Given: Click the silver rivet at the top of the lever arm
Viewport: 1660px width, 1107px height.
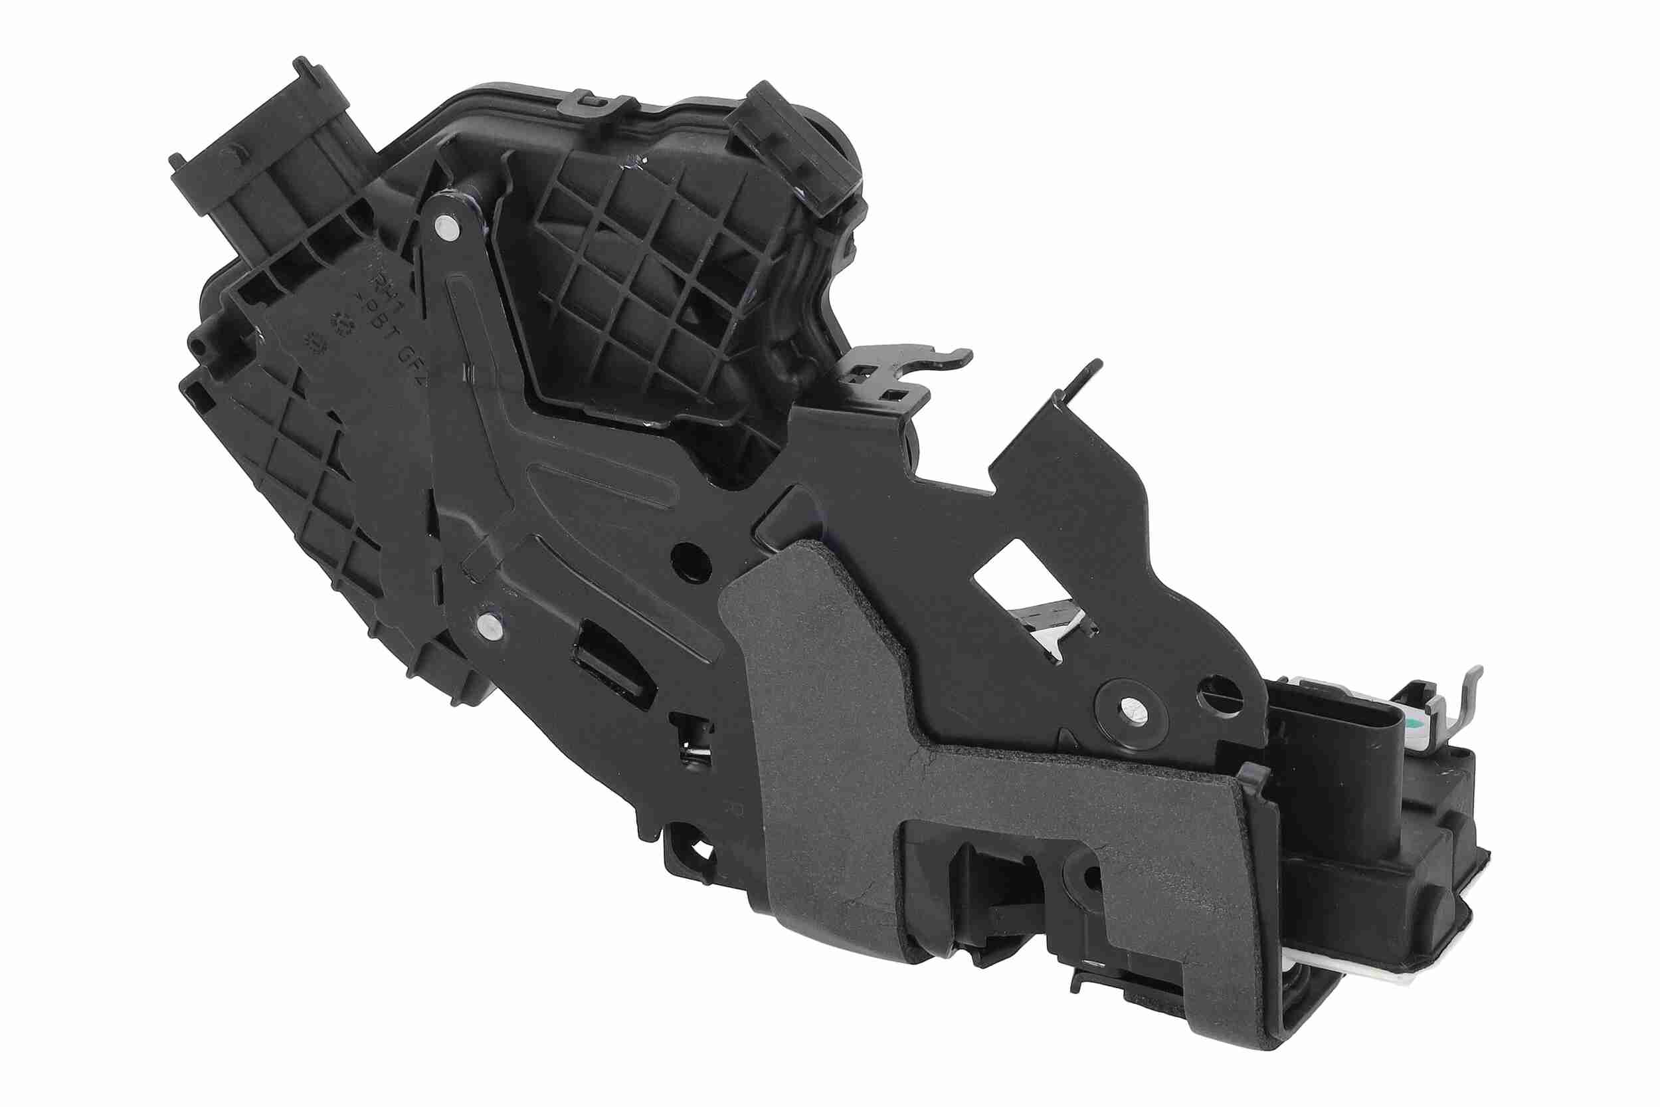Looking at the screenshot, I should click(x=446, y=228).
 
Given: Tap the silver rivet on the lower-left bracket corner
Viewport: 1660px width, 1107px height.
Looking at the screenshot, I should click(x=488, y=624).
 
